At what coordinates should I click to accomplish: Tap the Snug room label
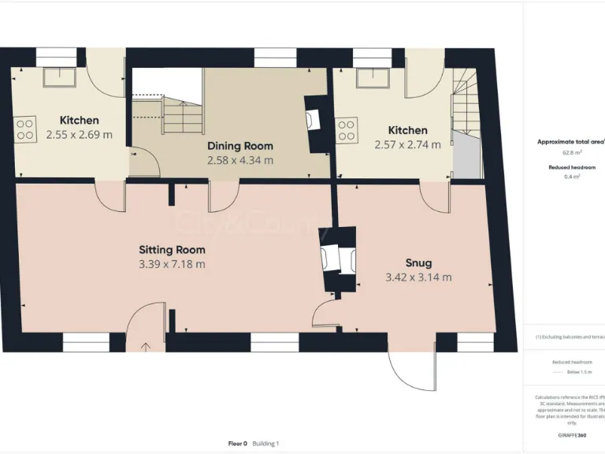pyautogui.click(x=418, y=263)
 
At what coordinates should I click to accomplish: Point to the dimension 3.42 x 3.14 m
pyautogui.click(x=418, y=277)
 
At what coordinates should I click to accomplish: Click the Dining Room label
pyautogui.click(x=240, y=146)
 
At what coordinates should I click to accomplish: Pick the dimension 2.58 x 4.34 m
pyautogui.click(x=240, y=160)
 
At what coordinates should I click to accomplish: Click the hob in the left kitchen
pyautogui.click(x=25, y=128)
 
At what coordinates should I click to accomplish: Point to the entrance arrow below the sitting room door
pyautogui.click(x=146, y=346)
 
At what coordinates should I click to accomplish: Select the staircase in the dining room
pyautogui.click(x=181, y=114)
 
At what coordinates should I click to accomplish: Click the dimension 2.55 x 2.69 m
pyautogui.click(x=80, y=135)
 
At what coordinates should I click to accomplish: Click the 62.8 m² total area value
pyautogui.click(x=571, y=153)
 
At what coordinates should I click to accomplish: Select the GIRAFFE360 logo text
pyautogui.click(x=571, y=435)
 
